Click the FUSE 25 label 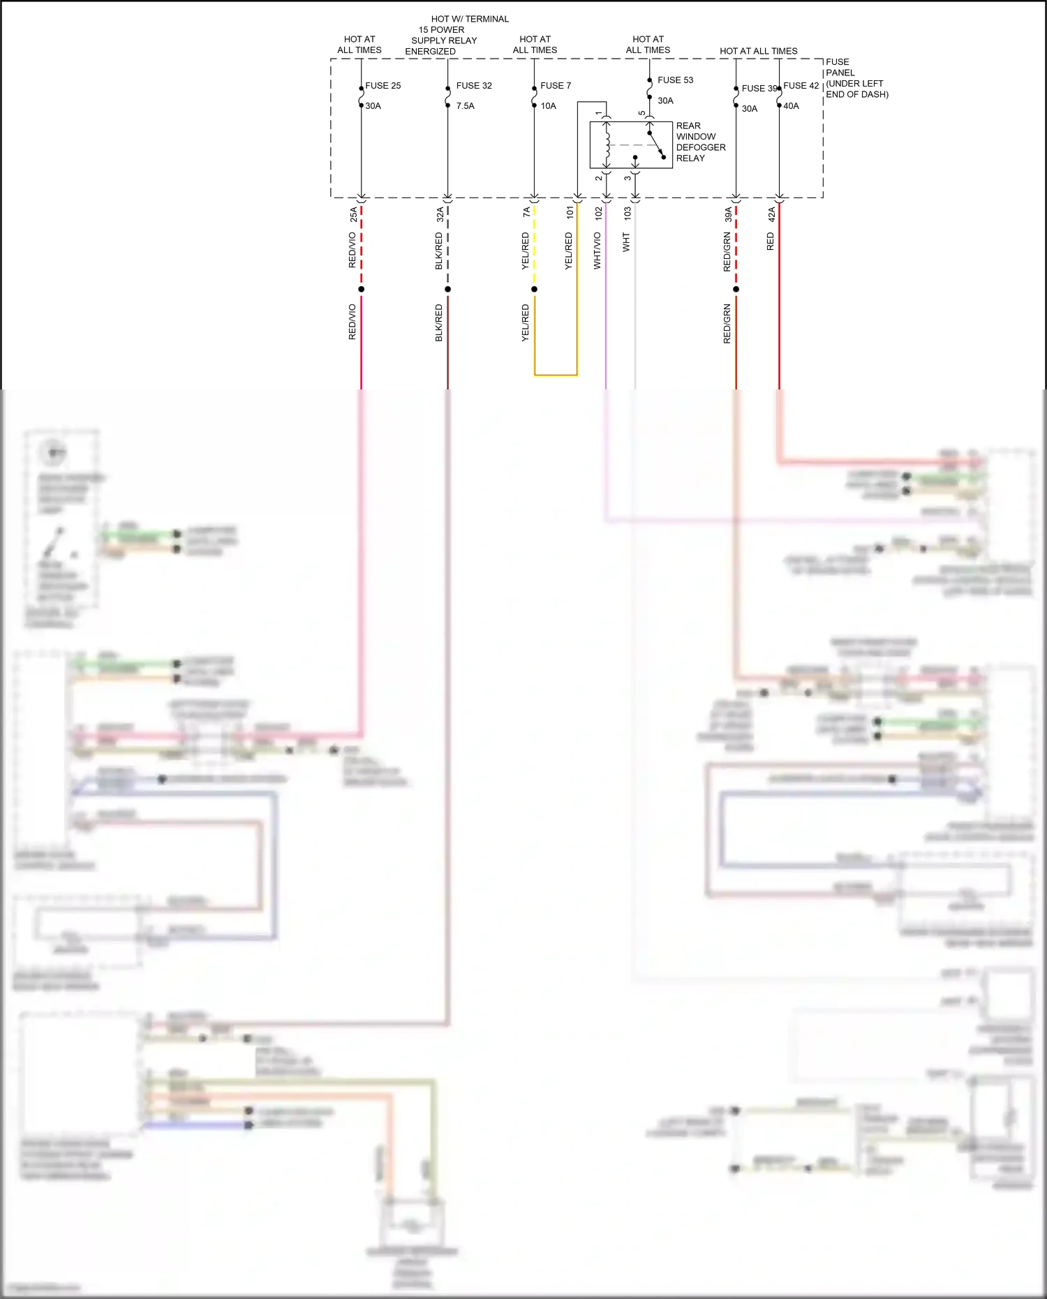[383, 86]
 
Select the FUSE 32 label [474, 86]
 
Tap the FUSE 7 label [556, 86]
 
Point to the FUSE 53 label [675, 80]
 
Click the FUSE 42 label [801, 86]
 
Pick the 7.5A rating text [465, 106]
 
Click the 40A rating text [791, 106]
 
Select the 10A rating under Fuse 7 [548, 106]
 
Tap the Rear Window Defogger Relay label [700, 142]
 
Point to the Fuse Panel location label [856, 78]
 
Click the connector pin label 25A [354, 214]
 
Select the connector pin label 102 [599, 214]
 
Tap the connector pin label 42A [771, 214]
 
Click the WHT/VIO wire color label [597, 251]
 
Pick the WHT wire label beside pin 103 [626, 243]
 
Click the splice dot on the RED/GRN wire [736, 289]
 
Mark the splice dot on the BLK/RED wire [447, 289]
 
